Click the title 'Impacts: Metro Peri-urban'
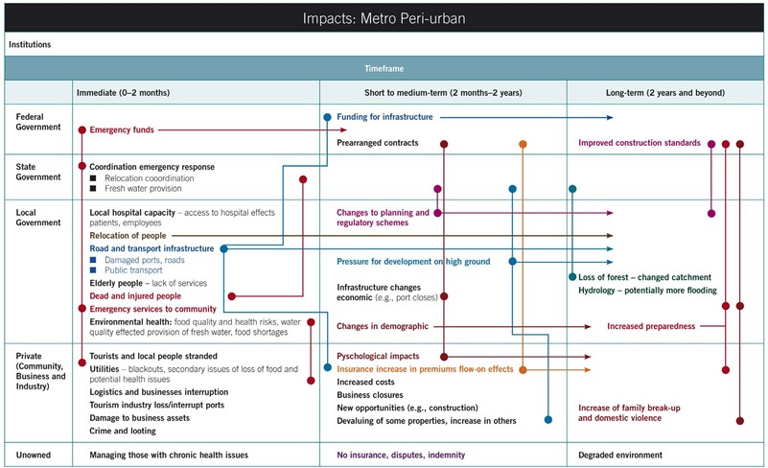click(x=384, y=18)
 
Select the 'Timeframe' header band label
click(x=384, y=69)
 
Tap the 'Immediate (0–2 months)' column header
click(x=123, y=93)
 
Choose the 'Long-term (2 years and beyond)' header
click(x=665, y=93)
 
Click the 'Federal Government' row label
click(x=38, y=122)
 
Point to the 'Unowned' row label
click(x=34, y=455)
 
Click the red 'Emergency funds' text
click(x=122, y=129)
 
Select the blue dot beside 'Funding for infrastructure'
click(x=327, y=117)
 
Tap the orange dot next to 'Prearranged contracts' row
click(x=523, y=144)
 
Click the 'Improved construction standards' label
click(x=640, y=143)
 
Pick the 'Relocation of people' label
click(x=128, y=236)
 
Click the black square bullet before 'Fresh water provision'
click(x=93, y=189)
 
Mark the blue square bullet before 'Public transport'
click(x=93, y=270)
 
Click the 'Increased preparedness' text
click(x=651, y=326)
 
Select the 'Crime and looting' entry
click(x=123, y=431)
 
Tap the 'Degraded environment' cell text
click(x=620, y=455)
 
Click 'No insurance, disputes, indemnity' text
click(x=401, y=455)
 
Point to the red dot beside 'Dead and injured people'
click(x=232, y=296)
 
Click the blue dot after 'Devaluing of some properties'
click(x=548, y=419)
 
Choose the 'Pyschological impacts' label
click(x=378, y=356)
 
